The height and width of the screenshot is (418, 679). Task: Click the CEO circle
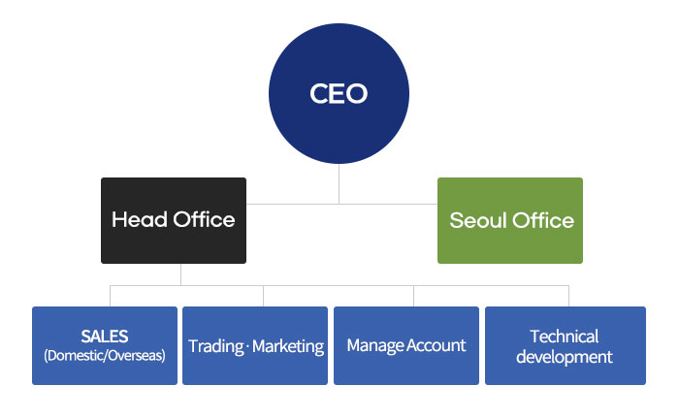coord(339,94)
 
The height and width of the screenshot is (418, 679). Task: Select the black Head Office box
coord(174,220)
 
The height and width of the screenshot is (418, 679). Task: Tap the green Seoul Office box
coord(510,220)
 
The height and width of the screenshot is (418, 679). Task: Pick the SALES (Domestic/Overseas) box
coord(105,345)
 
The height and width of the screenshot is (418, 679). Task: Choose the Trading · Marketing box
coord(256,345)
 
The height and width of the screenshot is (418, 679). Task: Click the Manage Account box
coord(406,345)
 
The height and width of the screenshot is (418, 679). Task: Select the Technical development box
coord(565,345)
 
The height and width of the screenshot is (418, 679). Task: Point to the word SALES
coord(105,337)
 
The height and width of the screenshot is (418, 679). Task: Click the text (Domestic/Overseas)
coord(105,355)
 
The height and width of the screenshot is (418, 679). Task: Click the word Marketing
coord(288,346)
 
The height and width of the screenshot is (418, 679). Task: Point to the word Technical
coord(565,337)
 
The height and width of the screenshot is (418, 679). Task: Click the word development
coord(565,357)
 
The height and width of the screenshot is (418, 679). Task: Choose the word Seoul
coord(475,221)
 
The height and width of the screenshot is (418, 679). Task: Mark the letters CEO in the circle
coord(339,94)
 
